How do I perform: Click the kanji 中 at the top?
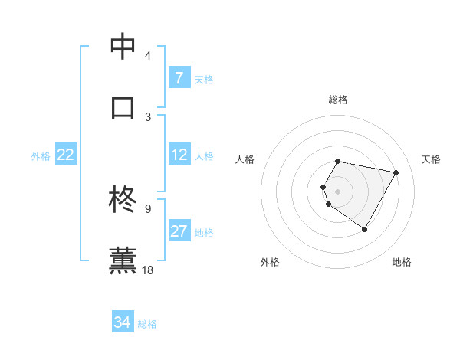click(x=123, y=47)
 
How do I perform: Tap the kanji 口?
click(x=123, y=107)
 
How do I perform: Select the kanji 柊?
click(x=123, y=201)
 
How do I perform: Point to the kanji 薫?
click(x=123, y=260)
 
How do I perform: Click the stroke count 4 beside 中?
click(x=147, y=57)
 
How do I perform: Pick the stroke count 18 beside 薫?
click(x=149, y=270)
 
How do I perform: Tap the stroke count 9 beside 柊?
click(x=147, y=208)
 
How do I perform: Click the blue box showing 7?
click(x=179, y=77)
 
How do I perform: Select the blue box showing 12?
click(x=179, y=155)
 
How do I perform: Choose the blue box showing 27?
click(x=179, y=231)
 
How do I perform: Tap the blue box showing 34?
click(x=122, y=322)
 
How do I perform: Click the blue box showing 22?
click(x=65, y=155)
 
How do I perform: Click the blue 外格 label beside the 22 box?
click(x=41, y=155)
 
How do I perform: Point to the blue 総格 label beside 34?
click(x=147, y=324)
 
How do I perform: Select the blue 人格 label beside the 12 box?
click(x=204, y=155)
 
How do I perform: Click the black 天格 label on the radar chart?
click(x=432, y=159)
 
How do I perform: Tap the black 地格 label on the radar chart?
click(x=402, y=262)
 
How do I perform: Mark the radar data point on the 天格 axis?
click(x=396, y=172)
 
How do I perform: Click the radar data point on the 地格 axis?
click(x=364, y=229)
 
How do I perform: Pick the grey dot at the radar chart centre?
click(x=337, y=191)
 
